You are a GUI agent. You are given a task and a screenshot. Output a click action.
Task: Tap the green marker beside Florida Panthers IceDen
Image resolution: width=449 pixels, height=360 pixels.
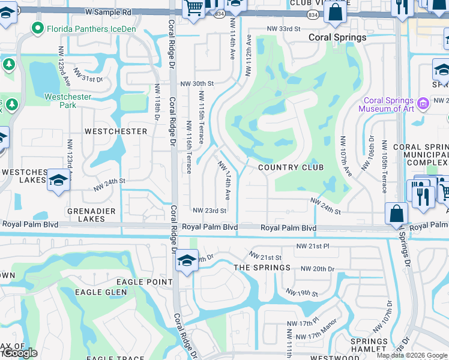(x=38, y=28)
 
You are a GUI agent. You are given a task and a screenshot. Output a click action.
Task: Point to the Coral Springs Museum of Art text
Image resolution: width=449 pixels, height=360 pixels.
(x=386, y=105)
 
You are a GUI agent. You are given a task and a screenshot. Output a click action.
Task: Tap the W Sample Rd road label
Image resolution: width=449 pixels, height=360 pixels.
(x=108, y=12)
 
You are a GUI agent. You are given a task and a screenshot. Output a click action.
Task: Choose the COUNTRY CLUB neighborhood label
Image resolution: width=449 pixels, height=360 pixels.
(x=291, y=167)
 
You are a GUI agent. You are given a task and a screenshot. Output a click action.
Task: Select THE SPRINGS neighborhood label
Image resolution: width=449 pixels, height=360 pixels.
(x=262, y=268)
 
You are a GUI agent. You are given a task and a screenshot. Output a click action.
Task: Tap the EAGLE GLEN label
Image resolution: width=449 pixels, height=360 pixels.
(x=101, y=292)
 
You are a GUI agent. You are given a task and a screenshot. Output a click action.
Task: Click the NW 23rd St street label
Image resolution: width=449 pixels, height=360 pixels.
(x=209, y=211)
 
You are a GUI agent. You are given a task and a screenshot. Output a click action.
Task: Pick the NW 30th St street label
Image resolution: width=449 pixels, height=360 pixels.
(x=197, y=84)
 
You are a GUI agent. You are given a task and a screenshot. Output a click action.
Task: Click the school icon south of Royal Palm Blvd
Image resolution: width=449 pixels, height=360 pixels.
(x=187, y=261)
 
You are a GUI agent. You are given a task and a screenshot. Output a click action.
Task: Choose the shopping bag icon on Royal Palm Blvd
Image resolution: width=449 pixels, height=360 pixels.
(x=396, y=213)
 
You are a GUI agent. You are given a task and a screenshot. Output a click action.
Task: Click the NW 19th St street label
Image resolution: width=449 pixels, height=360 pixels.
(x=302, y=293)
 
